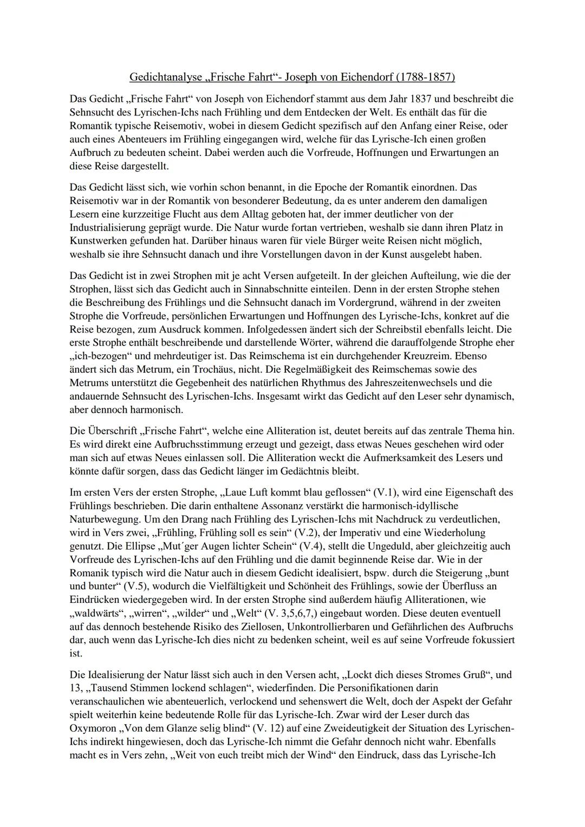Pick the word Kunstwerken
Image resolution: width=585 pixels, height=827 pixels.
[x=97, y=240]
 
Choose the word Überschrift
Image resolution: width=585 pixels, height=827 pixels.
[x=111, y=431]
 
